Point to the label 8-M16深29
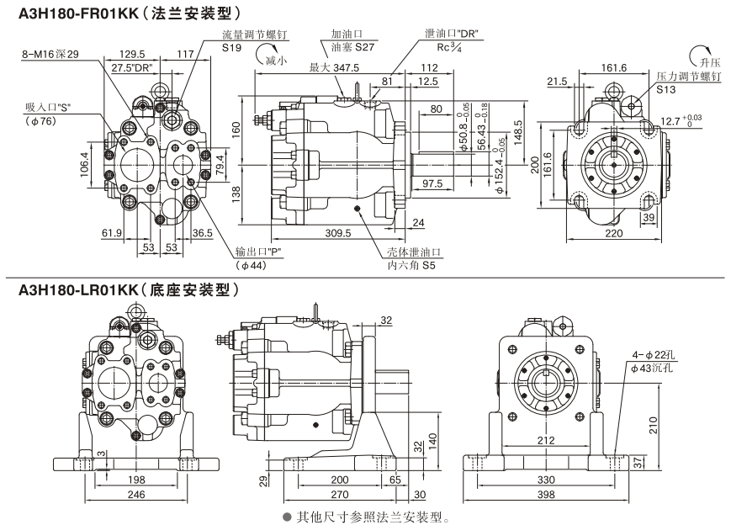[x=50, y=55]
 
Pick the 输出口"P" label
[x=262, y=252]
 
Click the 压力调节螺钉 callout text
[x=689, y=77]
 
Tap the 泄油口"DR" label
[x=452, y=34]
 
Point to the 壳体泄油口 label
[x=413, y=252]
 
